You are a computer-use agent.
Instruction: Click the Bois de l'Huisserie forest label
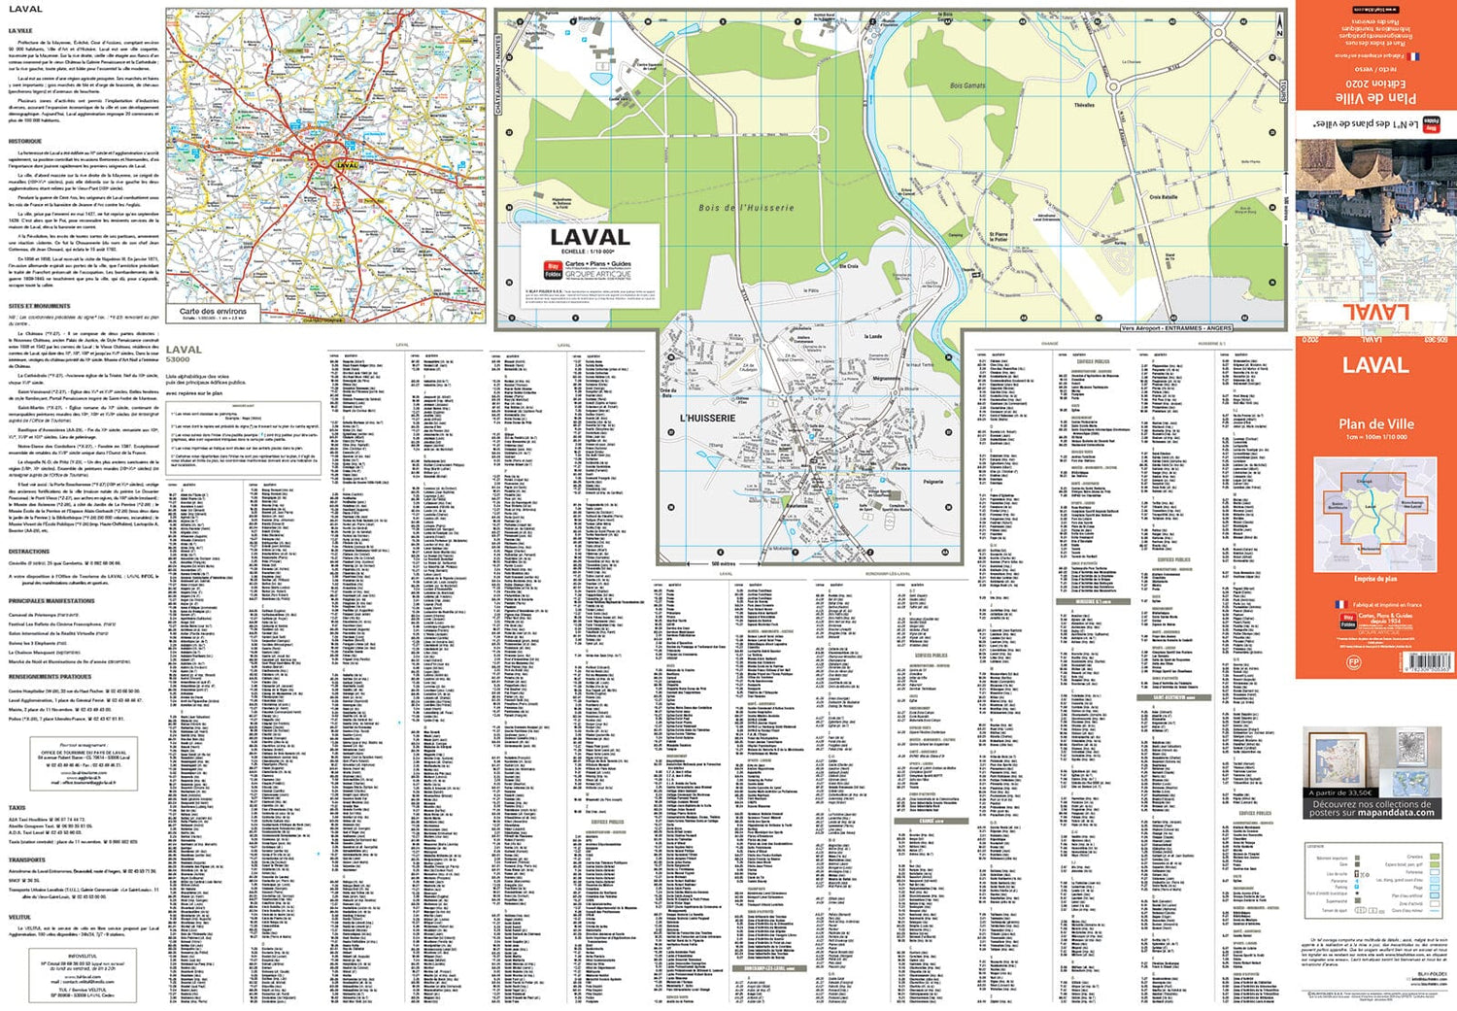tap(746, 207)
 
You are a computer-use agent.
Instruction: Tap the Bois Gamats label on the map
tap(966, 85)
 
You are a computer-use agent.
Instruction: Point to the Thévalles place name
tap(1084, 105)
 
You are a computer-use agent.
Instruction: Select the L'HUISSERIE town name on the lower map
tap(707, 419)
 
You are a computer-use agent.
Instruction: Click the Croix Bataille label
tap(1163, 197)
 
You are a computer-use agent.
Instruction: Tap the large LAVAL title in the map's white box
tap(590, 237)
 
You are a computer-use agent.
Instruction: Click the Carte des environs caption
tap(213, 312)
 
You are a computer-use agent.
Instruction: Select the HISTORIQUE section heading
tap(25, 142)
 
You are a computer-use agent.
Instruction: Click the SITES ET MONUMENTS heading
tap(39, 306)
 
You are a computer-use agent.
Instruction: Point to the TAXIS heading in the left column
tap(17, 807)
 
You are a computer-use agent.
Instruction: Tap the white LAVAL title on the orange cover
tap(1374, 366)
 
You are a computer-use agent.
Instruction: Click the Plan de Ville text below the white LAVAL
tap(1375, 423)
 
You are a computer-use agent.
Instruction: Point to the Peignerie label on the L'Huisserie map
tap(932, 482)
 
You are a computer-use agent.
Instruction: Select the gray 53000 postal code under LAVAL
tap(178, 360)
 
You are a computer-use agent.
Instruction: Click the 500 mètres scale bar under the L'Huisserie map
tap(723, 563)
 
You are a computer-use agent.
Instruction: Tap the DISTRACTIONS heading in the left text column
tap(29, 551)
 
